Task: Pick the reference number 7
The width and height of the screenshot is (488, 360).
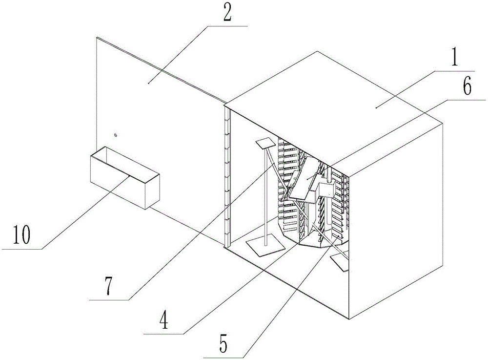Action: tap(107, 287)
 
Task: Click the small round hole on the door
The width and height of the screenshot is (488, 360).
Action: tap(115, 135)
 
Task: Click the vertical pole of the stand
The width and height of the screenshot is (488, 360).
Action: tap(264, 195)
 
